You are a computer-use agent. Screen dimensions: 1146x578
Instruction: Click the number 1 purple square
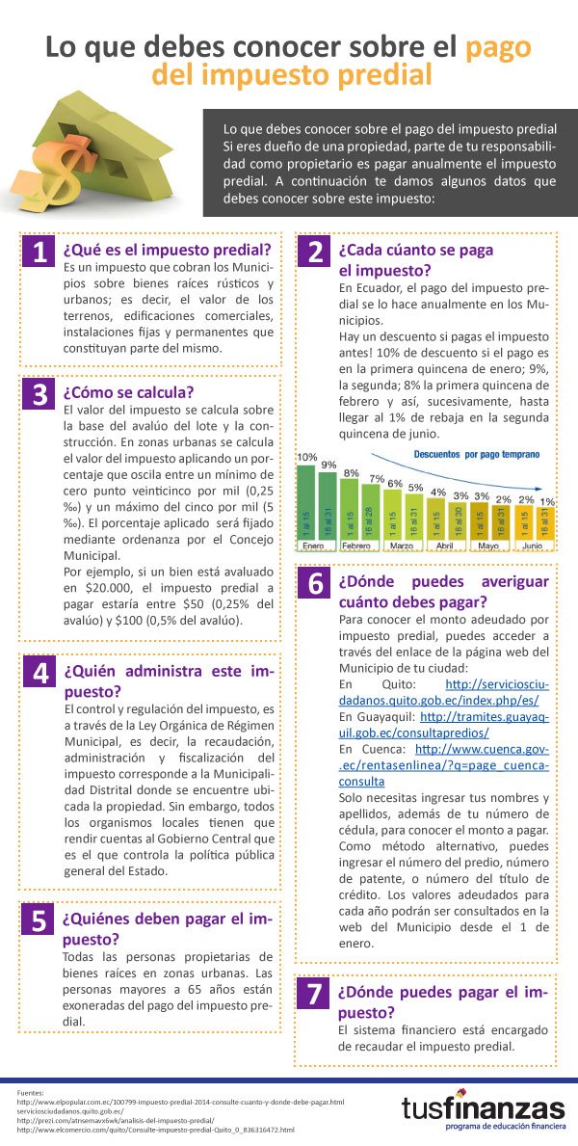pos(39,253)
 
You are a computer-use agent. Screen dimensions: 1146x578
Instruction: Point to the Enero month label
pos(312,546)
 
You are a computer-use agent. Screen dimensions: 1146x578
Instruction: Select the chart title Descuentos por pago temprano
pos(477,452)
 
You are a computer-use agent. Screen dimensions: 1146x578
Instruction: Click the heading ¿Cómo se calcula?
pos(128,392)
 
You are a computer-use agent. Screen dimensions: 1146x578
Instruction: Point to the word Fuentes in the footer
pos(32,1091)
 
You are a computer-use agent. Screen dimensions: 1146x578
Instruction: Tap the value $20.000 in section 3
pos(109,587)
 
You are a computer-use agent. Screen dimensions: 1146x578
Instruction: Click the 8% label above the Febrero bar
pos(351,473)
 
